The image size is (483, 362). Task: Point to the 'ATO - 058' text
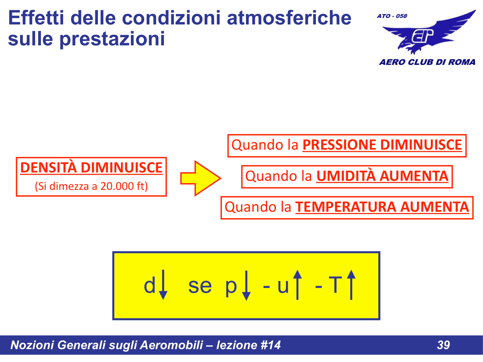[392, 16]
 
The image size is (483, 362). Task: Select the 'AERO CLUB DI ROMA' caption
[427, 62]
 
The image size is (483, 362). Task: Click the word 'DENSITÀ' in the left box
[48, 168]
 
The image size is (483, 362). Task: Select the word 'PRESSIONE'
[339, 145]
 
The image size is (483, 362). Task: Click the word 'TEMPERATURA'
[346, 207]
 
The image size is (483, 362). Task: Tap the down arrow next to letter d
[163, 285]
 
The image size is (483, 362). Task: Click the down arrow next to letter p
[246, 285]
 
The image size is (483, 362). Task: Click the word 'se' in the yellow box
[200, 286]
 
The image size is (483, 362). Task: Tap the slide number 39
[443, 345]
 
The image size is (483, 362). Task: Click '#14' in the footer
[270, 345]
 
